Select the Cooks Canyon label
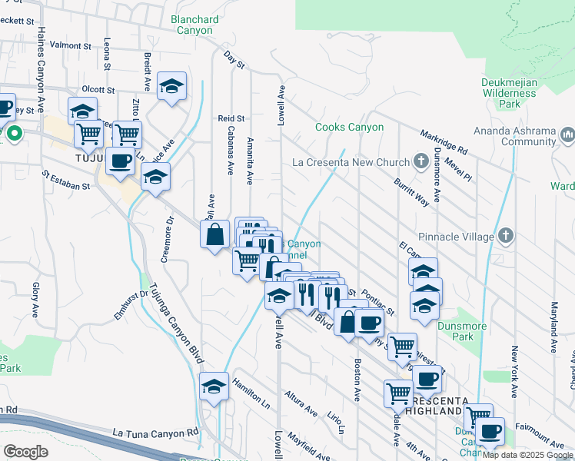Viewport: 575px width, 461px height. tap(350, 127)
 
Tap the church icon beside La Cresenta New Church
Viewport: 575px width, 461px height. tap(420, 161)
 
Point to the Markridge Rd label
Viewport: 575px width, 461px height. tap(444, 141)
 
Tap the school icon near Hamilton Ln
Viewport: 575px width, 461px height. tap(214, 388)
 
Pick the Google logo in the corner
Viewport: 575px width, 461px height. tap(25, 451)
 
